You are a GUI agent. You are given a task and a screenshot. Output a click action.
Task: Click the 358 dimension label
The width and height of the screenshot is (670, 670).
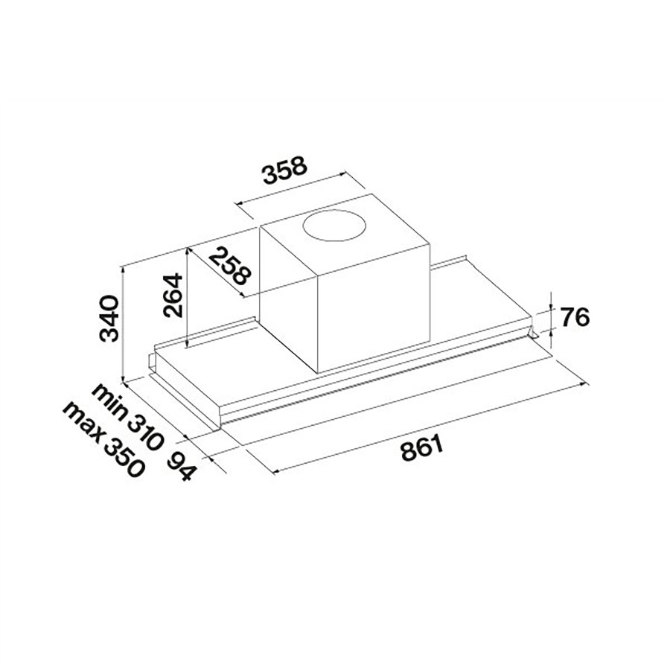(x=284, y=173)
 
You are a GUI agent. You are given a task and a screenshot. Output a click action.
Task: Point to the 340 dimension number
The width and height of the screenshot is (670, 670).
(x=110, y=318)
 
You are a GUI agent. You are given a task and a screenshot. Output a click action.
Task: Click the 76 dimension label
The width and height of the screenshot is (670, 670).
(x=574, y=318)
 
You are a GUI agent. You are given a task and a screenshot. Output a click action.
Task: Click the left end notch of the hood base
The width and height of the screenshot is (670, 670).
(x=153, y=365)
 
